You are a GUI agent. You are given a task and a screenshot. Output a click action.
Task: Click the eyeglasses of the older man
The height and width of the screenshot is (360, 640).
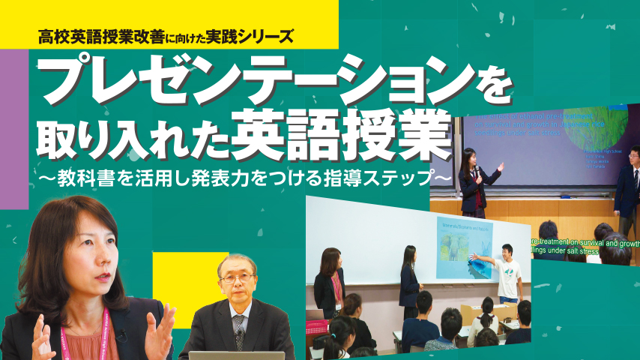237,278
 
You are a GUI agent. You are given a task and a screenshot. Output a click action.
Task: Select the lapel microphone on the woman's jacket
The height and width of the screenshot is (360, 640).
120,337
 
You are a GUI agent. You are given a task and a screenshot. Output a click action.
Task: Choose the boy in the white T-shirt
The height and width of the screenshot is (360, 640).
510,269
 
